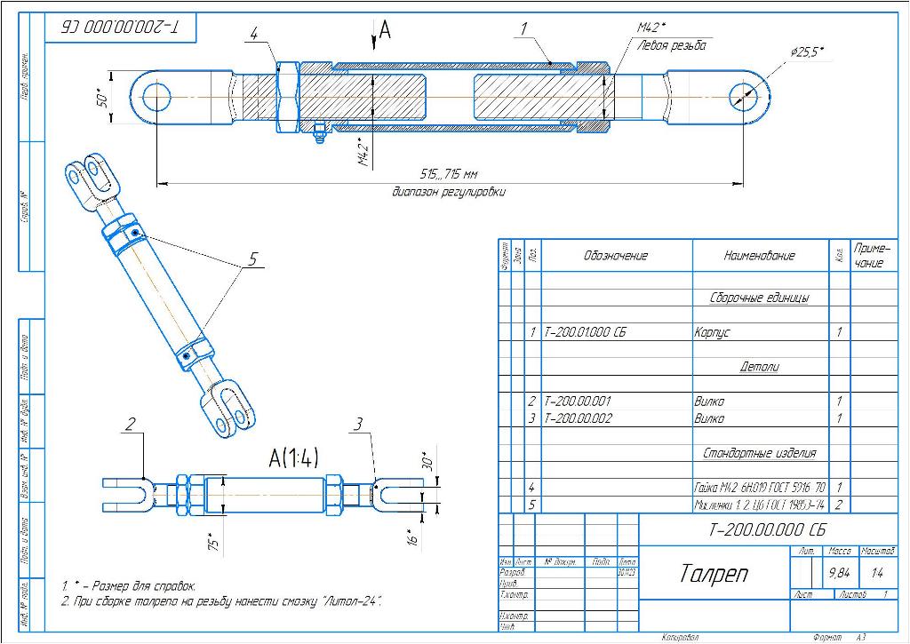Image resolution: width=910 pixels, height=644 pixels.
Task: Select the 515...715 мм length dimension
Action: (449, 174)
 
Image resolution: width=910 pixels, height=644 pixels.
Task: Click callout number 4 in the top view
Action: (254, 35)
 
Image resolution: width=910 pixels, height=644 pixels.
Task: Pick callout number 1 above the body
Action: (524, 28)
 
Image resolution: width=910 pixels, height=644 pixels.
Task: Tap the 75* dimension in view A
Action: (212, 542)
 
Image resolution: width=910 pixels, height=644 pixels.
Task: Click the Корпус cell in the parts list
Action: (711, 332)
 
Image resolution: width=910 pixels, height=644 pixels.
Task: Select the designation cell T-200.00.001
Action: (578, 402)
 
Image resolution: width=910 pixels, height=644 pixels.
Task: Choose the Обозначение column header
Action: (615, 256)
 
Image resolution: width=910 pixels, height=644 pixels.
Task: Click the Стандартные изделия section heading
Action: (759, 453)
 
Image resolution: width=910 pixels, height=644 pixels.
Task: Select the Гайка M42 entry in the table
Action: (760, 488)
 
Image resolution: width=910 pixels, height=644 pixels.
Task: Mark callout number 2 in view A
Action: (131, 424)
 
